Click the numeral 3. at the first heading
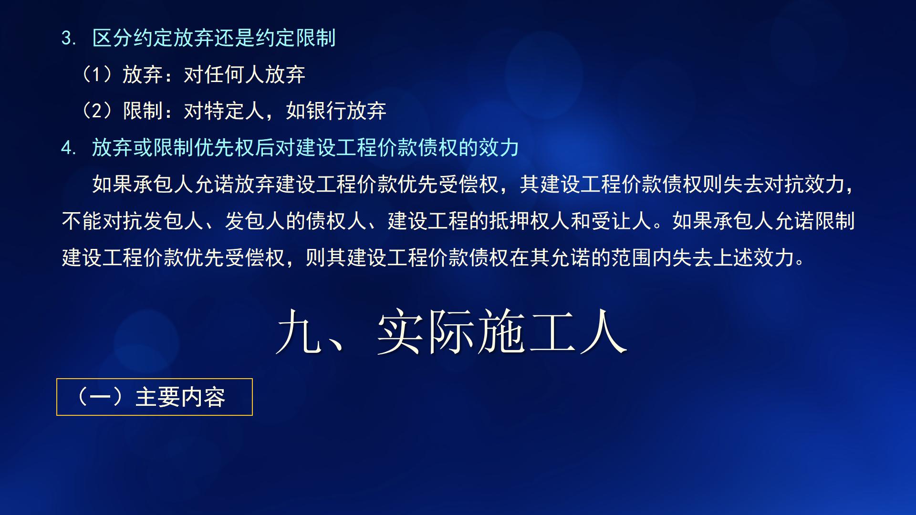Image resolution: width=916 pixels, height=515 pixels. [69, 38]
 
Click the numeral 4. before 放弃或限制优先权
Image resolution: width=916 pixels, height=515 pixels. [69, 148]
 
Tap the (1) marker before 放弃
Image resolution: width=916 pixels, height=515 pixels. [97, 74]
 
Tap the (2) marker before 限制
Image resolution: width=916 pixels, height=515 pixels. [97, 111]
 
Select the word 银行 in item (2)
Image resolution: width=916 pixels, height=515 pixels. [326, 111]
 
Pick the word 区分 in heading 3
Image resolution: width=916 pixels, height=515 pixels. [112, 38]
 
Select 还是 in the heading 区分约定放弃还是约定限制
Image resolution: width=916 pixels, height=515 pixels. [234, 38]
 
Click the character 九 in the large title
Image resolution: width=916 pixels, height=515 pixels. [298, 332]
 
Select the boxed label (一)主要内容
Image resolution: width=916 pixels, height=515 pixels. [154, 397]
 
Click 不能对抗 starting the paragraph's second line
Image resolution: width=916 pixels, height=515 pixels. [102, 221]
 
